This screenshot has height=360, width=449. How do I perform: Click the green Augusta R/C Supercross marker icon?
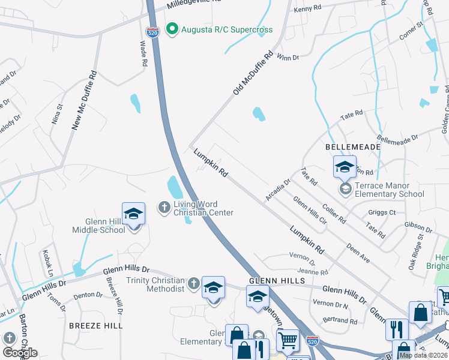(x=172, y=29)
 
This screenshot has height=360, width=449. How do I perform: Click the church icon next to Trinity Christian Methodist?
(x=193, y=282)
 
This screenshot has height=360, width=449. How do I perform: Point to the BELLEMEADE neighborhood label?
(x=345, y=146)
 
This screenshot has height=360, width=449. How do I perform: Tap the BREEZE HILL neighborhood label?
(x=95, y=325)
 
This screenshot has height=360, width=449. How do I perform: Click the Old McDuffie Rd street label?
(x=253, y=73)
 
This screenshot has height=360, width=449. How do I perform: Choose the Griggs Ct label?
(x=384, y=212)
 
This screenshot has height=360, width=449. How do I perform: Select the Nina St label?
(x=57, y=114)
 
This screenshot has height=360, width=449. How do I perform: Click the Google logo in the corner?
(x=20, y=353)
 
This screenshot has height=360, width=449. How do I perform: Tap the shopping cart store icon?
(x=288, y=341)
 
